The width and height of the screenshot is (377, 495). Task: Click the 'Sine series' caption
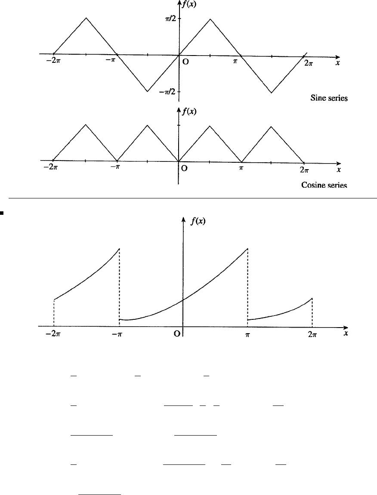tap(329, 98)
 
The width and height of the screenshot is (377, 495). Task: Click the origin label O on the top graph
tap(185, 62)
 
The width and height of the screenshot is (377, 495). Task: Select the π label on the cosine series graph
tap(241, 168)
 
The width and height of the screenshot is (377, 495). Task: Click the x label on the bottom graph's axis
tap(346, 333)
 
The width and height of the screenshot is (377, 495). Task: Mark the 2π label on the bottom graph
tap(312, 334)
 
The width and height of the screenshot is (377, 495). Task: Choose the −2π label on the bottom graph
tap(53, 334)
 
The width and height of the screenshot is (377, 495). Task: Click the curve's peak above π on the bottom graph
tap(247, 249)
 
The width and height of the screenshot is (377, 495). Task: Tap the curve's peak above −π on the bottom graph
tap(119, 249)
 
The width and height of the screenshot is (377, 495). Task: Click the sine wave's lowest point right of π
tap(272, 92)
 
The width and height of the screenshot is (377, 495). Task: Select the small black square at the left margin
tap(2, 212)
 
